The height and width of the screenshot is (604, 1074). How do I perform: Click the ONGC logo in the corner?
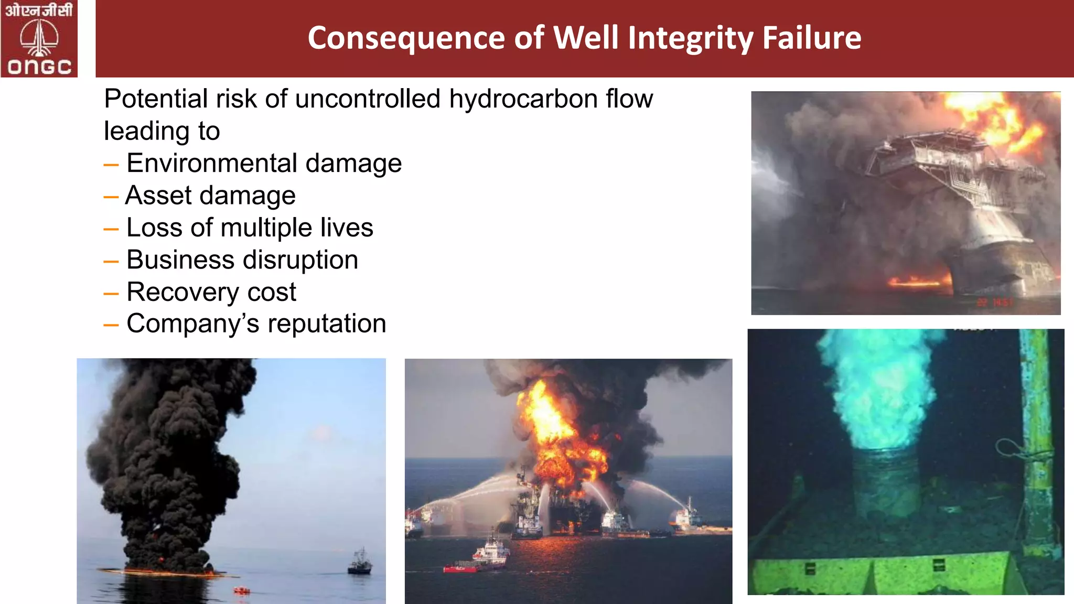(39, 39)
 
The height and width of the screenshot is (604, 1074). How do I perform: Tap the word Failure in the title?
(811, 38)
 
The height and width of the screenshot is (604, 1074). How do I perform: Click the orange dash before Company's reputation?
(111, 326)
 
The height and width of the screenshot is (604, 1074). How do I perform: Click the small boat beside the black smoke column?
(360, 562)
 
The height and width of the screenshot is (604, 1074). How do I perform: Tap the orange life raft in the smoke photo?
(241, 591)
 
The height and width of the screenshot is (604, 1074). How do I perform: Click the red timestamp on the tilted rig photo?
(994, 303)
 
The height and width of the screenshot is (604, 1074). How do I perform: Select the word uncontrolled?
(368, 99)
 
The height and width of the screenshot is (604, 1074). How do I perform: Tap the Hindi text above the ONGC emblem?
(39, 10)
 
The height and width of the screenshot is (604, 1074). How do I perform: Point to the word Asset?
(158, 196)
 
